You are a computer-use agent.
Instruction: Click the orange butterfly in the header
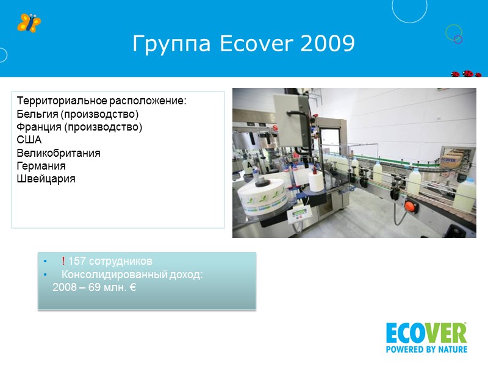point(29,23)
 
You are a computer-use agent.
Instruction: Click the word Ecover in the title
point(245,44)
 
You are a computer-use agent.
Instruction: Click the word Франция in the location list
point(38,127)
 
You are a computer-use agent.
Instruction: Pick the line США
point(29,140)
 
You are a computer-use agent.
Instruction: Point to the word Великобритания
point(59,152)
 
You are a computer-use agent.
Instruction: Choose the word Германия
point(41,165)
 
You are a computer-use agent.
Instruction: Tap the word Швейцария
point(46,178)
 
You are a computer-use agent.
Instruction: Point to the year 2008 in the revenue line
point(65,287)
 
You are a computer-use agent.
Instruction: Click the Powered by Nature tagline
point(426,350)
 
